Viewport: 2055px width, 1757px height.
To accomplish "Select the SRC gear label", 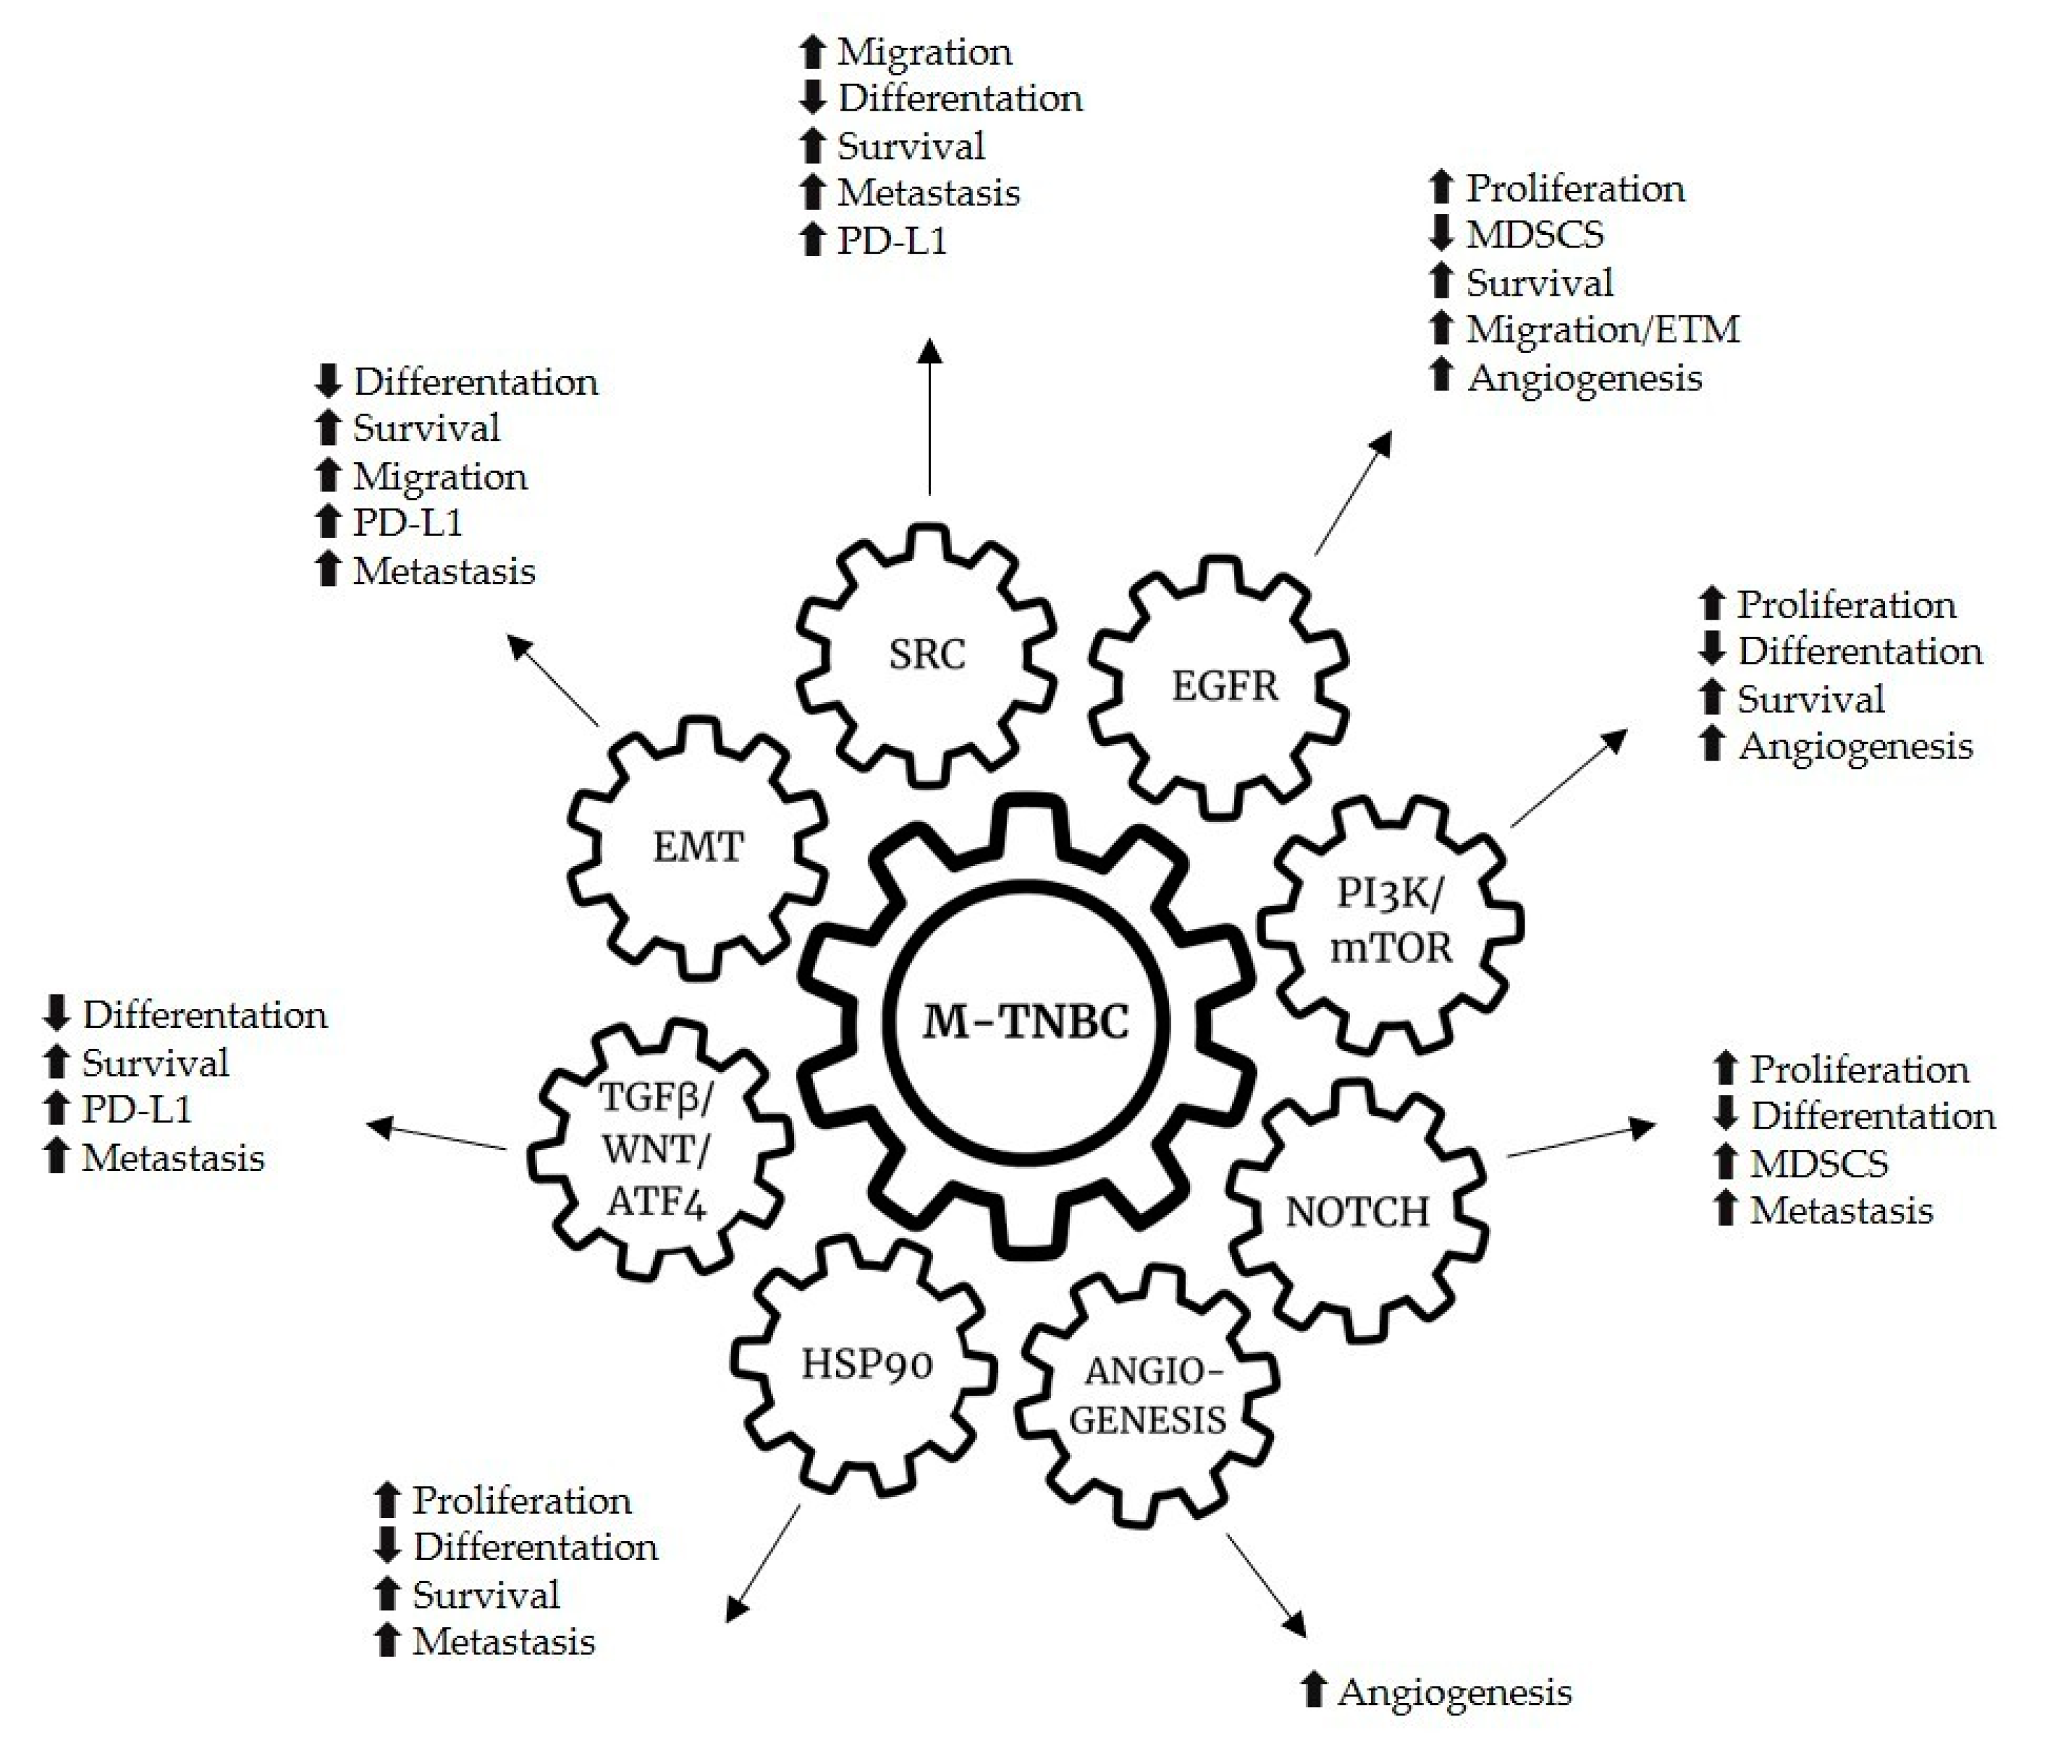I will [926, 655].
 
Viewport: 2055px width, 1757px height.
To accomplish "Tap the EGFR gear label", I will [1225, 686].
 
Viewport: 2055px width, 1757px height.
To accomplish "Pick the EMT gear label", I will [697, 848].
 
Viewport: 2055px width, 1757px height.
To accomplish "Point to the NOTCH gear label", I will [1357, 1212].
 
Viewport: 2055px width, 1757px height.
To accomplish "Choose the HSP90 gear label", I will [867, 1365].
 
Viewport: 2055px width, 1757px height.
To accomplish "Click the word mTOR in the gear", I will [1390, 948].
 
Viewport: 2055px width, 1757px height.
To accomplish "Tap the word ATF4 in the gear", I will [657, 1202].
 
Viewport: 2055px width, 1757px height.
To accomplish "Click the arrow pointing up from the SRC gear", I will [929, 416].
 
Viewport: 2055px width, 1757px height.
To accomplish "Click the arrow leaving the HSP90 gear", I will [764, 1563].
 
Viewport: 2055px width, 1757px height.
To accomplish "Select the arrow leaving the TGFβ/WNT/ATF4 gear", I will [437, 1137].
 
